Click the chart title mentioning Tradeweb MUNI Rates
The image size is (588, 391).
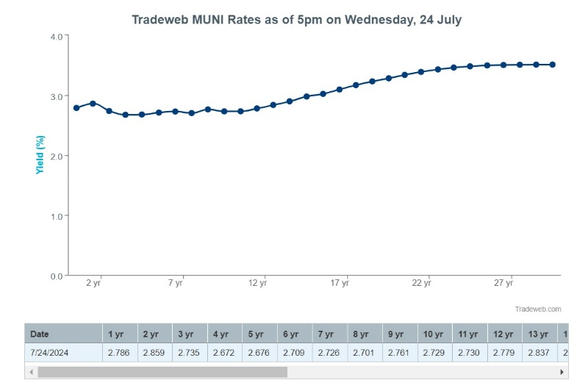pos(296,20)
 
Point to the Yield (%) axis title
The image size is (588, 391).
pos(41,154)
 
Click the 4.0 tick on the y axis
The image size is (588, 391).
pos(57,36)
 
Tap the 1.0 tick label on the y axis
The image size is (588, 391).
pos(57,216)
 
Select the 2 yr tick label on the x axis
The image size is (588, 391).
pos(93,283)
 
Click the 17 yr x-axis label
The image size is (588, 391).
pos(339,283)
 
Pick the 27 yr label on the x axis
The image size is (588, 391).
pos(503,283)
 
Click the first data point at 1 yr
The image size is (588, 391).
pos(76,108)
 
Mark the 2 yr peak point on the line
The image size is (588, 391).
pos(93,104)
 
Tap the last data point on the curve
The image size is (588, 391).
pos(553,65)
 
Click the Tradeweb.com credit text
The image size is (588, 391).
pos(538,309)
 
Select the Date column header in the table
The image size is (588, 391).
pos(40,334)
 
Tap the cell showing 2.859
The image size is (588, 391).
pos(154,352)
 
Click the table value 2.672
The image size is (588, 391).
pos(224,352)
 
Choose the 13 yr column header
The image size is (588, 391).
pos(539,334)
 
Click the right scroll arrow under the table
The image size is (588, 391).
pos(562,372)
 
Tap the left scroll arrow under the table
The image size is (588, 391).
pos(31,372)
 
